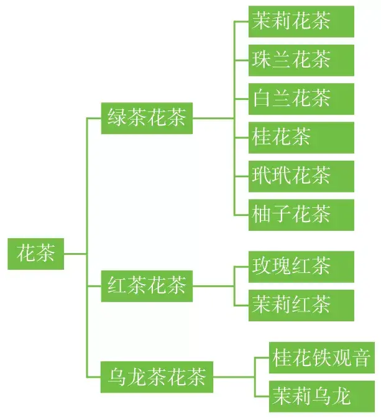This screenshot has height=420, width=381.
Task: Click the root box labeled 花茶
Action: [35, 254]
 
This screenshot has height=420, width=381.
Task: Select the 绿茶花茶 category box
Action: [147, 118]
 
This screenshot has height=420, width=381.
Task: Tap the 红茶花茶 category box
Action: [147, 286]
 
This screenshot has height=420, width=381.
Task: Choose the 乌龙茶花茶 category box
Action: [157, 377]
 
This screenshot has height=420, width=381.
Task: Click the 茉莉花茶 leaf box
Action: [301, 22]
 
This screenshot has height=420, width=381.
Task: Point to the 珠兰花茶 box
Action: [301, 60]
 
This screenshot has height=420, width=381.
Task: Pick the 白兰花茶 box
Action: [301, 99]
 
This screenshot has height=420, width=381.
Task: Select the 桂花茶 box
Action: [301, 138]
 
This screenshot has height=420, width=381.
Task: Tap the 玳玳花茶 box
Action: [301, 176]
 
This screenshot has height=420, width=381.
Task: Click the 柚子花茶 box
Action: [301, 215]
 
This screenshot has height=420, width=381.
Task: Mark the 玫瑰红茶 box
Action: [301, 267]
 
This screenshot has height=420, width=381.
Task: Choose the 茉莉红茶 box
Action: [301, 305]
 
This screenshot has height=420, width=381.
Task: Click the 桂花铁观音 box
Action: [322, 357]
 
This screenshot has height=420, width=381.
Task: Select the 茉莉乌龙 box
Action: [322, 396]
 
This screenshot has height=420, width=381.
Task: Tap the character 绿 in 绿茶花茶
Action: [117, 117]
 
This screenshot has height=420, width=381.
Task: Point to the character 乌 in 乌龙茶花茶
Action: [117, 377]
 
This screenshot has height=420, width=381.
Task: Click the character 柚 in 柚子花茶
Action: [262, 214]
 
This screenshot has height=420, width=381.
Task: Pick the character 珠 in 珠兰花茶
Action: [262, 59]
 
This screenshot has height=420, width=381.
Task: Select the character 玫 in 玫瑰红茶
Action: [262, 266]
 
